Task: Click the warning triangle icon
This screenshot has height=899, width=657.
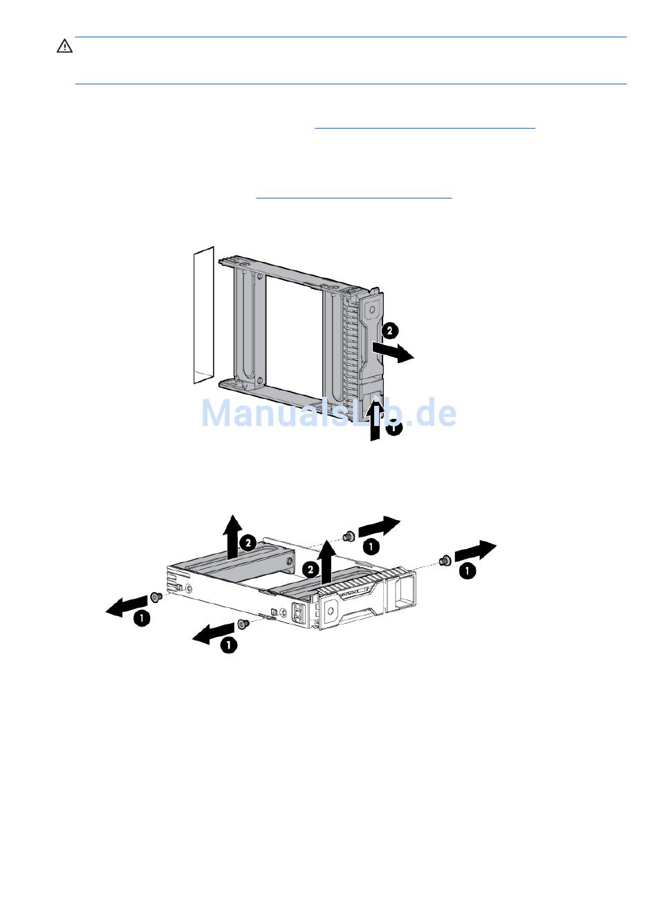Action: pos(64,46)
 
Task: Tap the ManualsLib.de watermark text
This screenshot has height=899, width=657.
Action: pos(328,413)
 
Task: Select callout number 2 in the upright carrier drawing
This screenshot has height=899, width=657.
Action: pos(390,331)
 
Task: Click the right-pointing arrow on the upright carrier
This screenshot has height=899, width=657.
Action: pos(393,351)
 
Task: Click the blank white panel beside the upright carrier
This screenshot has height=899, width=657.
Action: pos(203,315)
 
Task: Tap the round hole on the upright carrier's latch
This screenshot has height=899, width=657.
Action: pos(372,310)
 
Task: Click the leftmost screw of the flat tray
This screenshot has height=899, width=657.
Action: pos(156,597)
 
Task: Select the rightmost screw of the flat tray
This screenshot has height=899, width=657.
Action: pos(444,561)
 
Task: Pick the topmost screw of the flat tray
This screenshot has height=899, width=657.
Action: pos(348,536)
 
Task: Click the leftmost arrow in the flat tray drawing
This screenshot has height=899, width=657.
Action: pos(126,606)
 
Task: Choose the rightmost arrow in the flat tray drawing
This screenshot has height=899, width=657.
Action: pos(476,550)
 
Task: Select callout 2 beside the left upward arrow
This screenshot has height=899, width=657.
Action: pos(248,544)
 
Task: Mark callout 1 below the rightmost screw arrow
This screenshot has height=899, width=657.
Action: pos(468,571)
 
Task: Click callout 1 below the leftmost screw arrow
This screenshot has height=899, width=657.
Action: pos(142,618)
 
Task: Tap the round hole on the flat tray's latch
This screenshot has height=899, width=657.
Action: pos(331,611)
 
